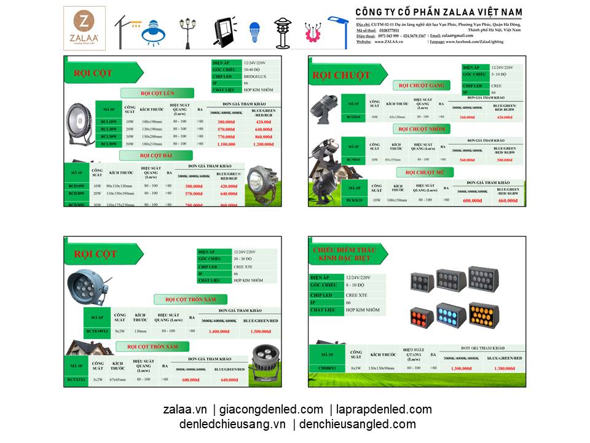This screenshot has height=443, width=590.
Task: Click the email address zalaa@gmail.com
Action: pos(461,36)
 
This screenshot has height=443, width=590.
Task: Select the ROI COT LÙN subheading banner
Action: pos(157,93)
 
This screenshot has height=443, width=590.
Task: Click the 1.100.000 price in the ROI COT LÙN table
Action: pos(226,144)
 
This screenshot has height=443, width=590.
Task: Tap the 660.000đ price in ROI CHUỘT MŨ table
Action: pos(508,200)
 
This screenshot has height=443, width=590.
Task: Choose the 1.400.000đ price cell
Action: pos(218,331)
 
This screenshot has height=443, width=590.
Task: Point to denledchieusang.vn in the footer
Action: pos(233,424)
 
